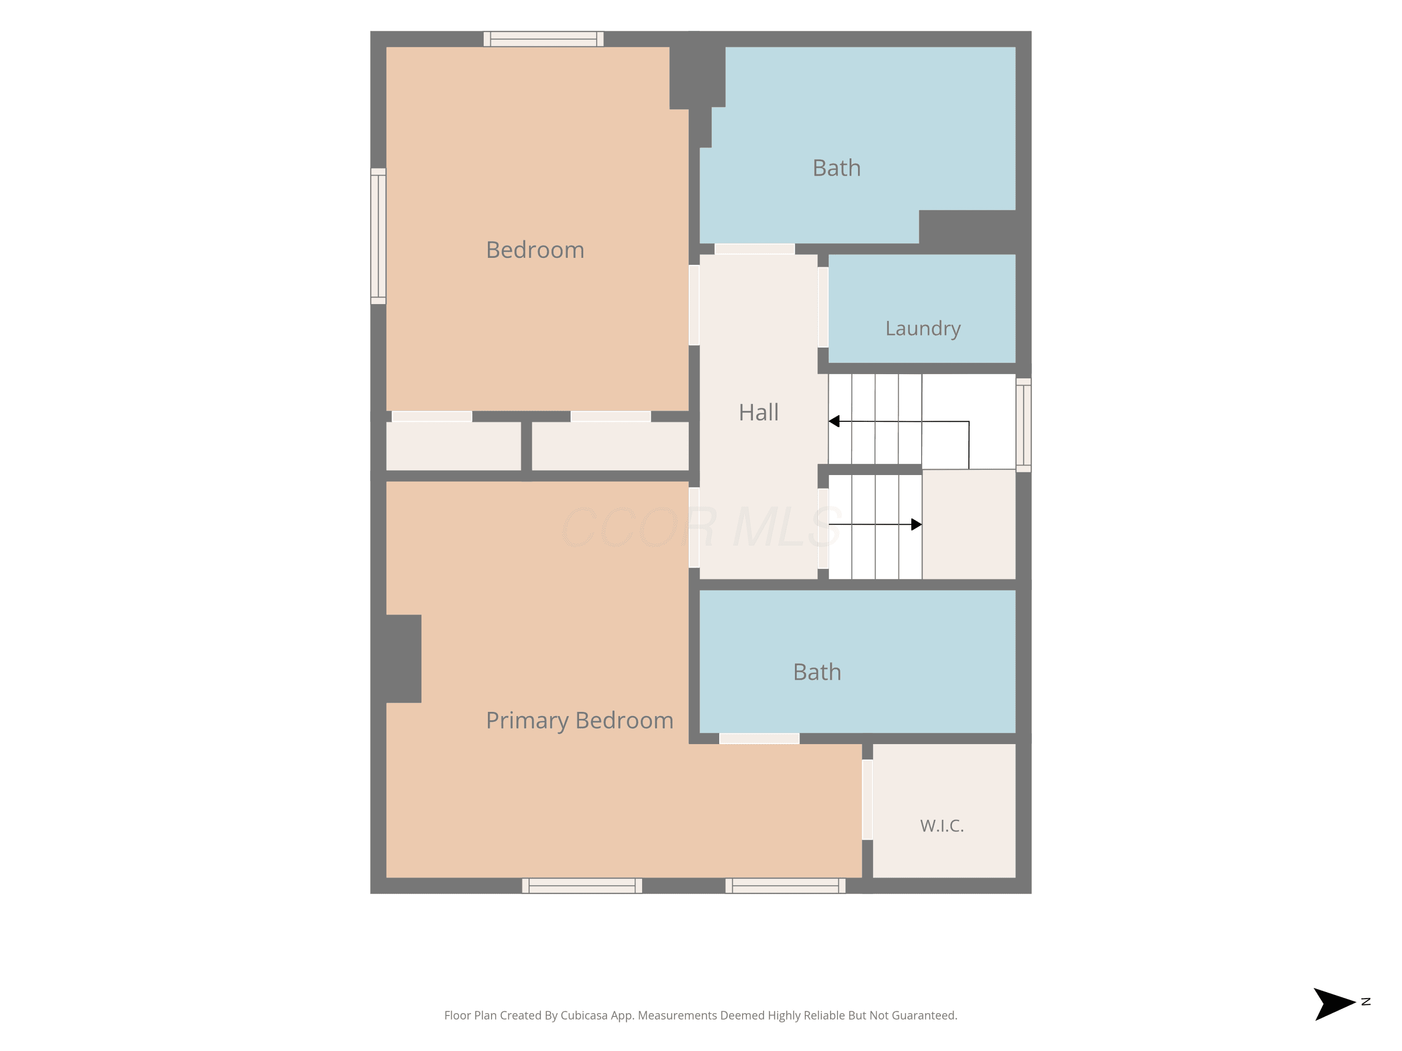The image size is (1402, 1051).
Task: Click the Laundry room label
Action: point(923,329)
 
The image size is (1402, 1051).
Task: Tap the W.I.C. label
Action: point(942,825)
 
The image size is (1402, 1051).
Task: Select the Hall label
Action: point(758,412)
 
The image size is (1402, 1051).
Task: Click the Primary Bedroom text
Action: point(579,721)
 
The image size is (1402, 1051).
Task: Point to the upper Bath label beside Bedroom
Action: point(837,168)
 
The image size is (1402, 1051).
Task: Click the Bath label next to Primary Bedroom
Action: point(817,672)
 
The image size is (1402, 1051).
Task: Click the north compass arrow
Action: point(1335,1004)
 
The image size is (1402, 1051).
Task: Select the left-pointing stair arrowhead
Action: point(834,421)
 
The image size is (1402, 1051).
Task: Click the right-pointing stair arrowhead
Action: point(916,525)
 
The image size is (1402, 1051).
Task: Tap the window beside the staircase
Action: point(1023,425)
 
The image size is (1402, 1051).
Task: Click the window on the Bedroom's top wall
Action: point(543,39)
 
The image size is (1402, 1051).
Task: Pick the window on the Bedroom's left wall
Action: point(379,236)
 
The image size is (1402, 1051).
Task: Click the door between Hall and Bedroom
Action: point(694,305)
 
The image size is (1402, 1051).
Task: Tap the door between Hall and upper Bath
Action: point(755,249)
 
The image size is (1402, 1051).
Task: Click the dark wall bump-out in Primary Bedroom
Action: point(404,659)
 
